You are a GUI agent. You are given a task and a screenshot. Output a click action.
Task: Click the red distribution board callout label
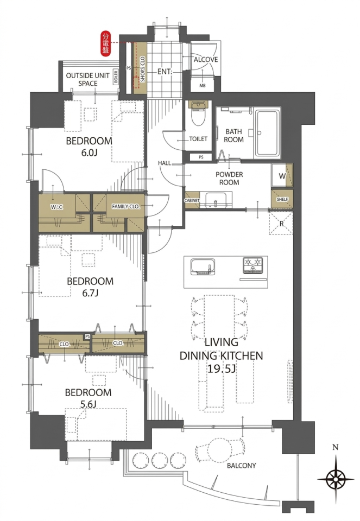pyautogui.click(x=106, y=43)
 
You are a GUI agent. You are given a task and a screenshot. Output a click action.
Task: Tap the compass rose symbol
pyautogui.click(x=336, y=479)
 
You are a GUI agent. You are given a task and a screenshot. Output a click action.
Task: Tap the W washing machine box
pyautogui.click(x=282, y=175)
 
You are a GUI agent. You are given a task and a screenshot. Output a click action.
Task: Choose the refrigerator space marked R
pyautogui.click(x=281, y=223)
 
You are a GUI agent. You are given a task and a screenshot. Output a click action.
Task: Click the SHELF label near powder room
pyautogui.click(x=282, y=199)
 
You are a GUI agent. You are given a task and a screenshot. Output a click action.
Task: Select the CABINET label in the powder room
pyautogui.click(x=192, y=200)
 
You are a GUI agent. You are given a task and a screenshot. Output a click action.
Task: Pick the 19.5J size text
pyautogui.click(x=222, y=368)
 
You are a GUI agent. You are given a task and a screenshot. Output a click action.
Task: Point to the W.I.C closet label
pyautogui.click(x=57, y=207)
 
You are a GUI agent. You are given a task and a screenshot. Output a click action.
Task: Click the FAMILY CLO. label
pyautogui.click(x=125, y=207)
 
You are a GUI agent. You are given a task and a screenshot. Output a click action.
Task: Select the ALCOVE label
pyautogui.click(x=206, y=60)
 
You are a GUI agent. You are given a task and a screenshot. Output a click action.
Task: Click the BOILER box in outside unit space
pyautogui.click(x=116, y=77)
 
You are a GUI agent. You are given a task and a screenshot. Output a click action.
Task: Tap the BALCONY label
pyautogui.click(x=241, y=466)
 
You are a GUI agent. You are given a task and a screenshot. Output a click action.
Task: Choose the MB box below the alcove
pyautogui.click(x=203, y=85)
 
